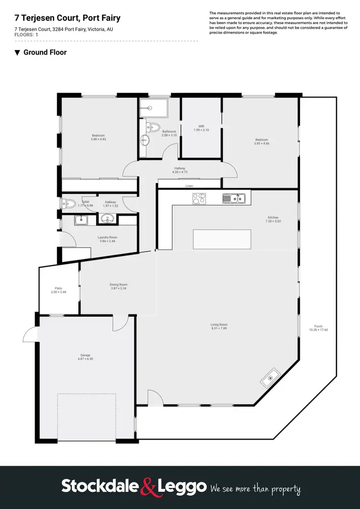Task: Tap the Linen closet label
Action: [190, 186]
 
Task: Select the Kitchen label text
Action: [272, 217]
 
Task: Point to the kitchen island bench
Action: [222, 239]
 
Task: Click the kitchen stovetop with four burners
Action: [199, 198]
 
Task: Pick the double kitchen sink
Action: [234, 198]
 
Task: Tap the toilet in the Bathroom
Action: [154, 127]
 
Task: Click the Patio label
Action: [59, 288]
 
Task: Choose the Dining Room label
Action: [119, 284]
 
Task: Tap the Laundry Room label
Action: [108, 237]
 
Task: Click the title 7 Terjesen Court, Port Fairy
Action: [67, 18]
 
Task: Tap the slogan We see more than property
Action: [255, 489]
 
